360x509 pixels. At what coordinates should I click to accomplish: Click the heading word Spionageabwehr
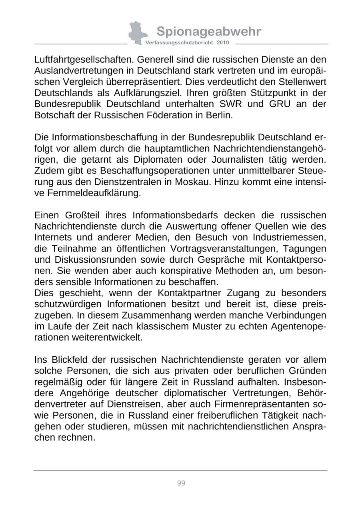coord(209,31)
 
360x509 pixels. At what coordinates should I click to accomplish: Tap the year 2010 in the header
coord(223,42)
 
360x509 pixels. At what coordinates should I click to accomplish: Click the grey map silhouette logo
coord(136,33)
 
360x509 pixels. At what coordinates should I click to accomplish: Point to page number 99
coord(181,483)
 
